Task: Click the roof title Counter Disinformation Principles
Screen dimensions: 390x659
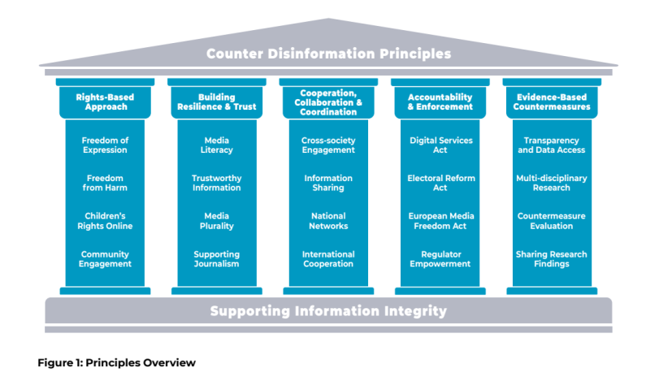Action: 328,54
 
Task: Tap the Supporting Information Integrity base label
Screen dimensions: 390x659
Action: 328,310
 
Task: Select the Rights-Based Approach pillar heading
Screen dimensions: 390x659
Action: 105,102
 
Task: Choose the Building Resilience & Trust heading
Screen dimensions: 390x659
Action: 216,102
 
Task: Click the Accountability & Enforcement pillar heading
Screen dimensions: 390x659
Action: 440,102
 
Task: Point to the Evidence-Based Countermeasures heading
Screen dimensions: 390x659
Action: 553,102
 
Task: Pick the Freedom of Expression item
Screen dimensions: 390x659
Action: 105,145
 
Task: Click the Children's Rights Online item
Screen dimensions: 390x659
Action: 105,221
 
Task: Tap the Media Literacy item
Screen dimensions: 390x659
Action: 216,145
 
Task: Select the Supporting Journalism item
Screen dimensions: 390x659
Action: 216,259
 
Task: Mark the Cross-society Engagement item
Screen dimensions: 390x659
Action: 328,145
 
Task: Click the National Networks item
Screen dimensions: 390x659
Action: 328,221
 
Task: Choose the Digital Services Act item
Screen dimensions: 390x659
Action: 440,145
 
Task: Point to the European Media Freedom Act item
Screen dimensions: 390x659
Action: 440,221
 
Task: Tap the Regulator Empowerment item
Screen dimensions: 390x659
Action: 440,259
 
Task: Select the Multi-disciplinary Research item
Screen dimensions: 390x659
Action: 553,183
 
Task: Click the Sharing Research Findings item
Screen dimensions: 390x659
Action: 553,259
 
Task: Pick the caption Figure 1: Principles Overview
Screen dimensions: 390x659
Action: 116,362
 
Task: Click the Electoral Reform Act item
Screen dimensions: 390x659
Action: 440,183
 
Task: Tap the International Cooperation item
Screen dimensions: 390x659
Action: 328,259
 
